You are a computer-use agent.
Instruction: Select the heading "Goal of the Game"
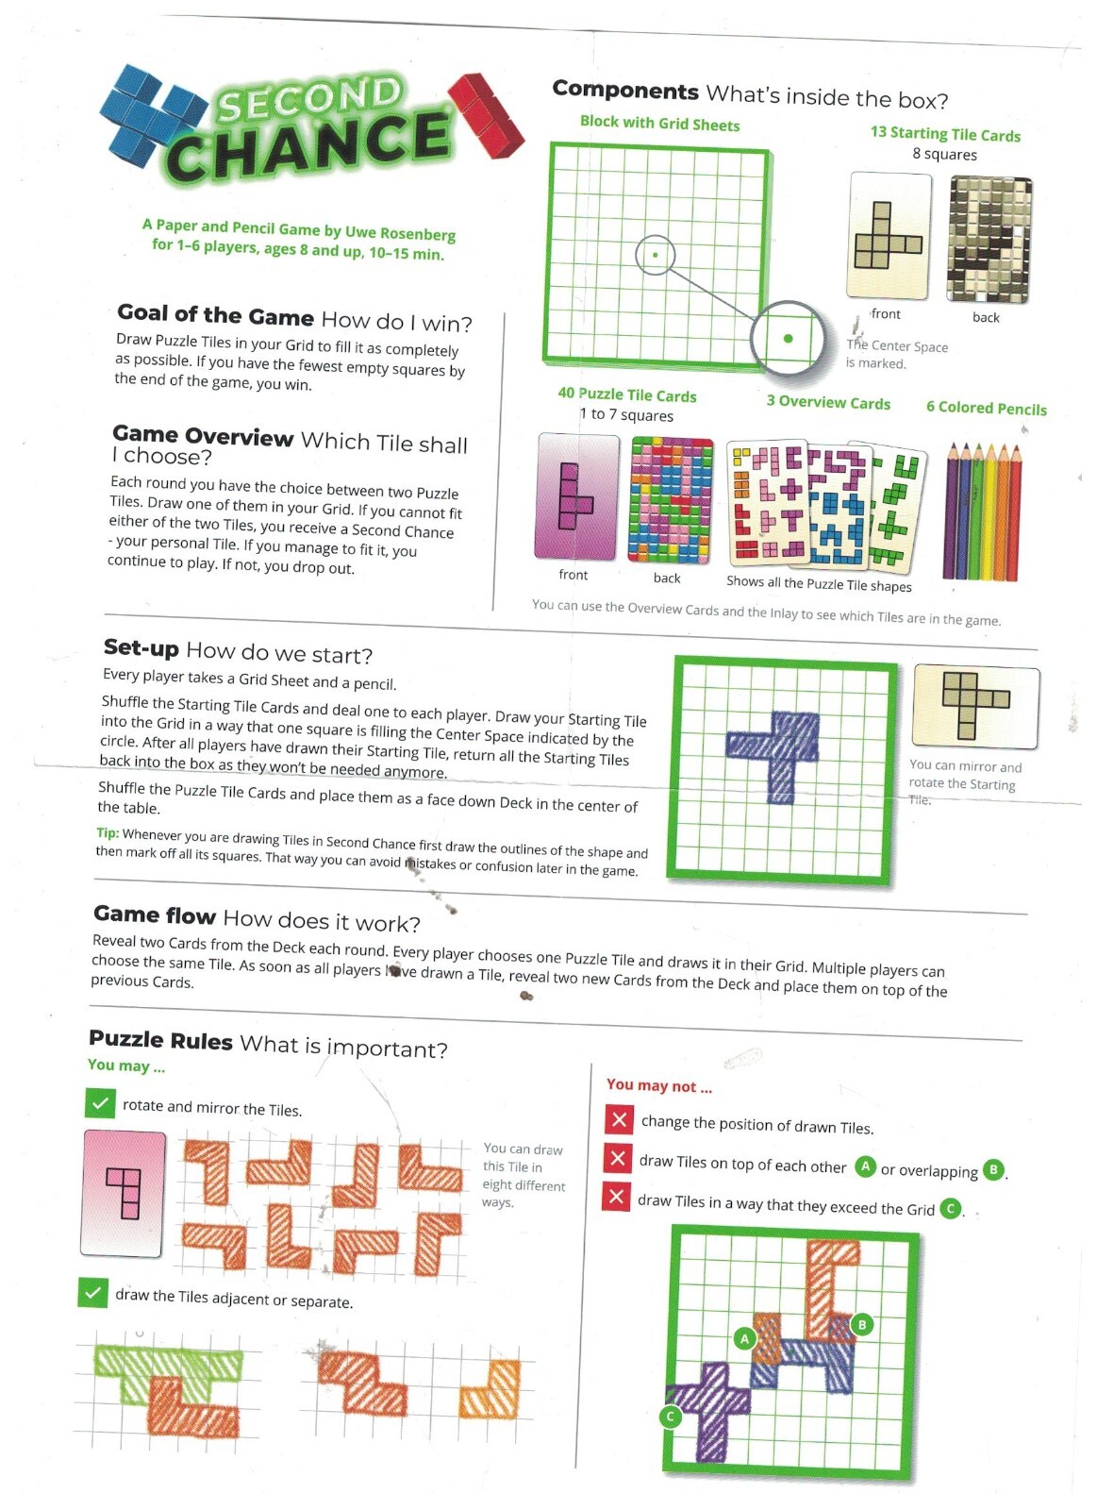coord(216,314)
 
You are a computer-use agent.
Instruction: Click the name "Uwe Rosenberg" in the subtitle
coord(400,233)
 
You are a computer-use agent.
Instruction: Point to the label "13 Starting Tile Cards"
coord(945,133)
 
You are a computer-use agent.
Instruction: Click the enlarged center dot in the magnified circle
coord(788,339)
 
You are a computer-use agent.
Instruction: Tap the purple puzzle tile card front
coord(577,496)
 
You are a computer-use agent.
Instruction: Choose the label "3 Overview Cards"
coord(828,402)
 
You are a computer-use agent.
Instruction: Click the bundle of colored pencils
coord(983,511)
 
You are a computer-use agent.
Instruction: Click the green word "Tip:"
coord(108,832)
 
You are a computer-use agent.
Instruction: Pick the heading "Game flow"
coord(155,914)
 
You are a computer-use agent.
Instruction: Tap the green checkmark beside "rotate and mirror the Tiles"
coord(100,1103)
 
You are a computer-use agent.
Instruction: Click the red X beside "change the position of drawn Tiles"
coord(619,1120)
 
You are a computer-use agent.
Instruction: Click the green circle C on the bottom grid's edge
coord(671,1416)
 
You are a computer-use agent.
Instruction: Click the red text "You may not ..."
coord(659,1085)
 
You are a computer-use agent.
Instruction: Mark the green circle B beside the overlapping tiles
coord(862,1325)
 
